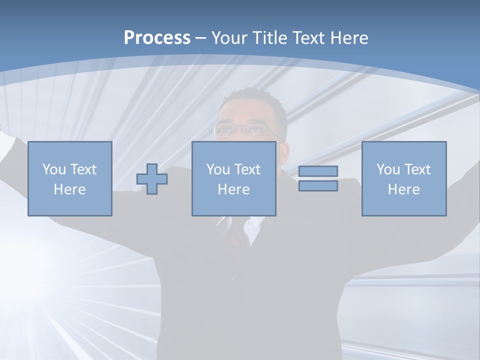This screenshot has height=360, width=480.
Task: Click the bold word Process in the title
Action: (157, 38)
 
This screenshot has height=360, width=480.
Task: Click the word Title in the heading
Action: (270, 38)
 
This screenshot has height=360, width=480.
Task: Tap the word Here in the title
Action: (349, 38)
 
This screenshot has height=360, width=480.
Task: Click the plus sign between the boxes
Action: (152, 179)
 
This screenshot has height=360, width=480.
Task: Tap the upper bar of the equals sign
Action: (318, 171)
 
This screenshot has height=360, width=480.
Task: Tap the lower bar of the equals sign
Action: (318, 186)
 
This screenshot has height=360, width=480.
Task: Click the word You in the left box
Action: (54, 169)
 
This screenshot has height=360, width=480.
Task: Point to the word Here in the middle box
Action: (234, 189)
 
